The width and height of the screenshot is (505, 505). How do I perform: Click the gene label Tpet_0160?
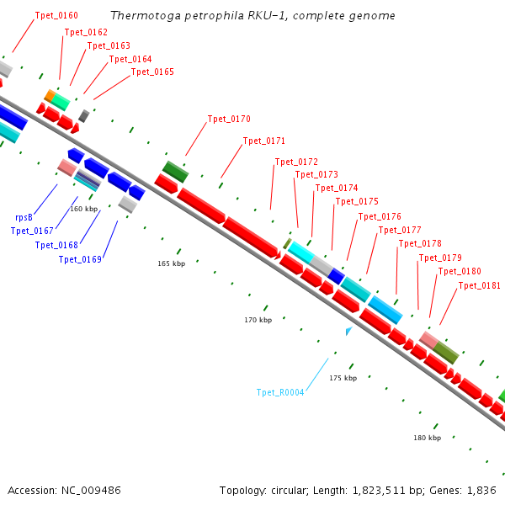(56, 16)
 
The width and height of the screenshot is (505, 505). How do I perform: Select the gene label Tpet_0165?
(152, 72)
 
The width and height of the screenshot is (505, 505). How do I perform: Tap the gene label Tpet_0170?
(229, 120)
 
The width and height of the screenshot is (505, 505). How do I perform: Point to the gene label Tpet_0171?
(264, 141)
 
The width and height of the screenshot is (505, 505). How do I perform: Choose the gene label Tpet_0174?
(336, 188)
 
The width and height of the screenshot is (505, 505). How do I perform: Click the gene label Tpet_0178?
(419, 244)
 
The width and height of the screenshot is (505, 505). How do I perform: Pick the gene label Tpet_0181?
(479, 286)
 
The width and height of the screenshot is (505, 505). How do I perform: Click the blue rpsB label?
(24, 217)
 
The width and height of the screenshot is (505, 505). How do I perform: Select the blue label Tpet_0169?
(80, 259)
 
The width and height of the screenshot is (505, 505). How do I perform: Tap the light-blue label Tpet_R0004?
(280, 392)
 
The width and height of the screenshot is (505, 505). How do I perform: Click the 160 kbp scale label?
(84, 209)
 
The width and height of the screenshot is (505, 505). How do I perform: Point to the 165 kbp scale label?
(171, 263)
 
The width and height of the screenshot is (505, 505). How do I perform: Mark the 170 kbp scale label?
(258, 320)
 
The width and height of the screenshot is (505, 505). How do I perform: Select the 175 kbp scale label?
(343, 378)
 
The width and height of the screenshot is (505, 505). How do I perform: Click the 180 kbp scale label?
(427, 438)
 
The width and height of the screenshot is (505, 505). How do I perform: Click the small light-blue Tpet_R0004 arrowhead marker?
(348, 331)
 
